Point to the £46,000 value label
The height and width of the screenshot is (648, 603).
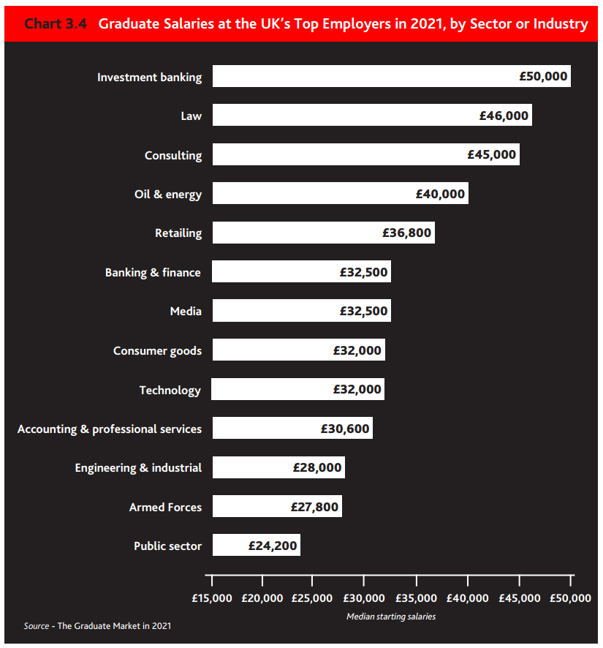(x=504, y=116)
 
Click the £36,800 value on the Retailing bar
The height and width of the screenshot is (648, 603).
(x=407, y=233)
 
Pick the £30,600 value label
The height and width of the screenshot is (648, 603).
(x=345, y=429)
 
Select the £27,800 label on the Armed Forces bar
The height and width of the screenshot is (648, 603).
(x=314, y=507)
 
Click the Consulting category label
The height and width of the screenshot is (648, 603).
(x=173, y=155)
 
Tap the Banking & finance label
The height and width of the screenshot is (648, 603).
(x=153, y=272)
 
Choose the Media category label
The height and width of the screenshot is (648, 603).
(x=186, y=312)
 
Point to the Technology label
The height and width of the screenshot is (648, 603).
(x=170, y=390)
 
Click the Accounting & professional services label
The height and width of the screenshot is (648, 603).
(x=110, y=429)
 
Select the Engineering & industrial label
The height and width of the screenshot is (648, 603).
(x=138, y=468)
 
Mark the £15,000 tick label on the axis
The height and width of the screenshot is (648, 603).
(x=212, y=598)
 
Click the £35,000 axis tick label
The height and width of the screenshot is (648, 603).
(x=416, y=598)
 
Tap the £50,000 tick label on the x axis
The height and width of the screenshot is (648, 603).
(x=569, y=598)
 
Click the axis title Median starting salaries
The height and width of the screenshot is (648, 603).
(x=391, y=617)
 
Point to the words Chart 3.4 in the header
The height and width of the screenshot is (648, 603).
(x=56, y=24)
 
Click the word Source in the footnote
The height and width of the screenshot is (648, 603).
(x=37, y=626)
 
